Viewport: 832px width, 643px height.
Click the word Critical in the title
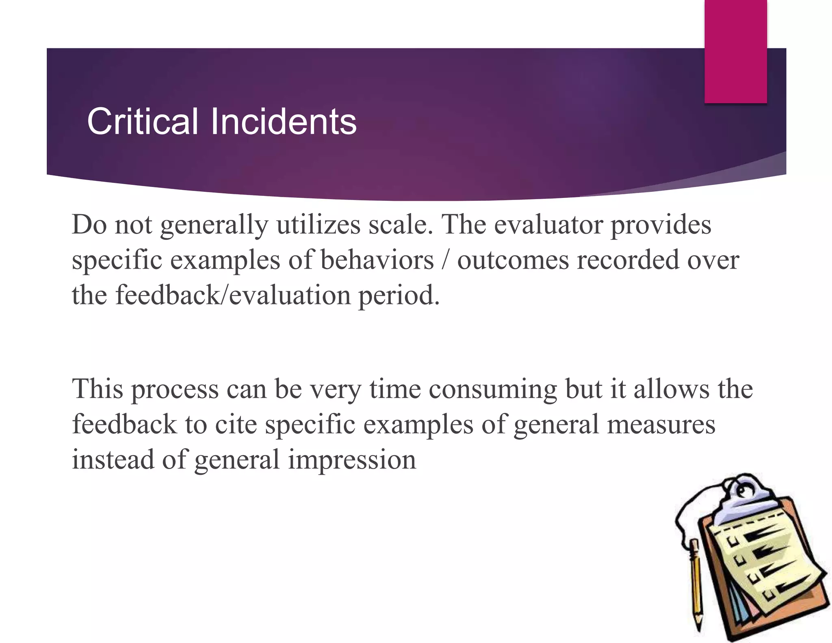142,122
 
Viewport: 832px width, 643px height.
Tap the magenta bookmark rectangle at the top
735,51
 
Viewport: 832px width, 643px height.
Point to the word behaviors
377,260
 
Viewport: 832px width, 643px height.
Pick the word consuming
492,389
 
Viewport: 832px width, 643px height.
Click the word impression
352,460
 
